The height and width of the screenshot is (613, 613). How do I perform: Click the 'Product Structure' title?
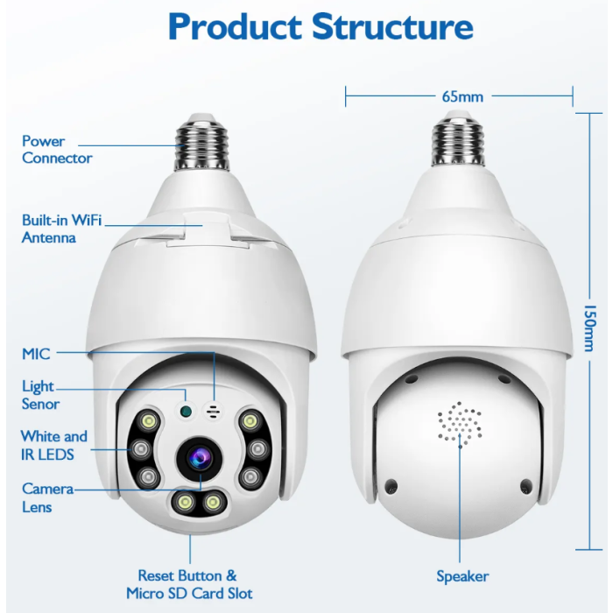click(x=321, y=26)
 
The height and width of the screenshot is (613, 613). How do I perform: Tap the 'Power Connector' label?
click(x=57, y=150)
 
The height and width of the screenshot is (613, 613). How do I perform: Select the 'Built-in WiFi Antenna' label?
click(x=61, y=229)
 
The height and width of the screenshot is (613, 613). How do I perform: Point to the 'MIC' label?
click(x=36, y=354)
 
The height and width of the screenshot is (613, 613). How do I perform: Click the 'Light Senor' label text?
click(x=40, y=395)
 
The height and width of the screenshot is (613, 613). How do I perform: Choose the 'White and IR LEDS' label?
click(x=54, y=445)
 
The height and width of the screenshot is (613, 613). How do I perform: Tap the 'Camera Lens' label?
click(x=47, y=497)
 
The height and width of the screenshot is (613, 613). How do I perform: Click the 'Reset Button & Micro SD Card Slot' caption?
click(x=189, y=584)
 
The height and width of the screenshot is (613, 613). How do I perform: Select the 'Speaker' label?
click(x=462, y=576)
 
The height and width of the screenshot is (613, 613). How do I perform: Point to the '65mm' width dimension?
click(x=462, y=96)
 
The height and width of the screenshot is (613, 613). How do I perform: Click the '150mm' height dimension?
click(x=589, y=328)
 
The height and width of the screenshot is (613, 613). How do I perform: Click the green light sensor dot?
click(x=186, y=411)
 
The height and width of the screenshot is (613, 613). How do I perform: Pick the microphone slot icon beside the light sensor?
click(x=213, y=412)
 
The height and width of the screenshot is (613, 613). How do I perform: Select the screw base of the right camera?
click(x=459, y=139)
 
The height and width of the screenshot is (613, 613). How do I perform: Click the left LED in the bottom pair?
click(x=185, y=502)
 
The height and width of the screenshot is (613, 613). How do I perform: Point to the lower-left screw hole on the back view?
click(x=391, y=486)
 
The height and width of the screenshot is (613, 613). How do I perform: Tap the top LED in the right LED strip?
click(x=250, y=422)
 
